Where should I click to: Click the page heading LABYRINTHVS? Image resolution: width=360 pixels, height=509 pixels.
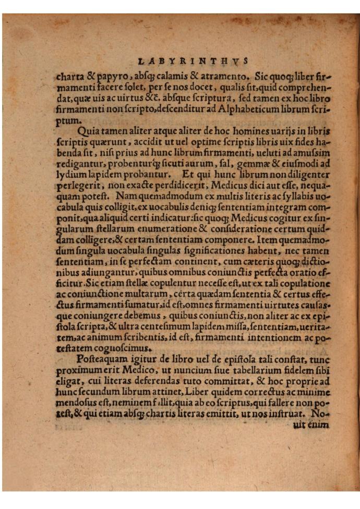[194, 60]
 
